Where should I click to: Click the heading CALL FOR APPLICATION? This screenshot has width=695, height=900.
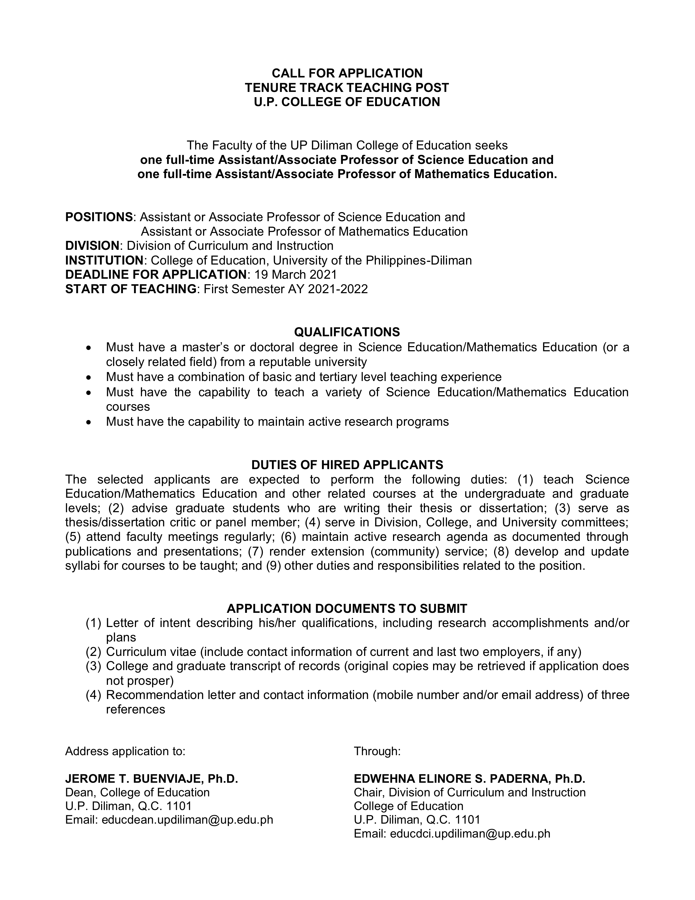(x=347, y=73)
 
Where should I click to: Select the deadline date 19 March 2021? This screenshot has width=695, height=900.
(x=296, y=274)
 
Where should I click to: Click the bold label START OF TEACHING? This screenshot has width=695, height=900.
(x=131, y=289)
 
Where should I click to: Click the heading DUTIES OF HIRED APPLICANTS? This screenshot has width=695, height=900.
(x=347, y=465)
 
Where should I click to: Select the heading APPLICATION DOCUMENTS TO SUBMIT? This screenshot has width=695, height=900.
(x=347, y=608)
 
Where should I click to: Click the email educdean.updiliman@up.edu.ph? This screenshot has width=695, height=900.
(x=187, y=820)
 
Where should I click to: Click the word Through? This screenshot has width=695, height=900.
(x=377, y=751)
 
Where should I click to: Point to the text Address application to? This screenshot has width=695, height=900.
(x=125, y=751)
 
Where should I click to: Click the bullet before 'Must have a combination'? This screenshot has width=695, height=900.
(x=89, y=377)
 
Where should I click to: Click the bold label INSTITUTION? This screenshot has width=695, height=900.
(x=104, y=260)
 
